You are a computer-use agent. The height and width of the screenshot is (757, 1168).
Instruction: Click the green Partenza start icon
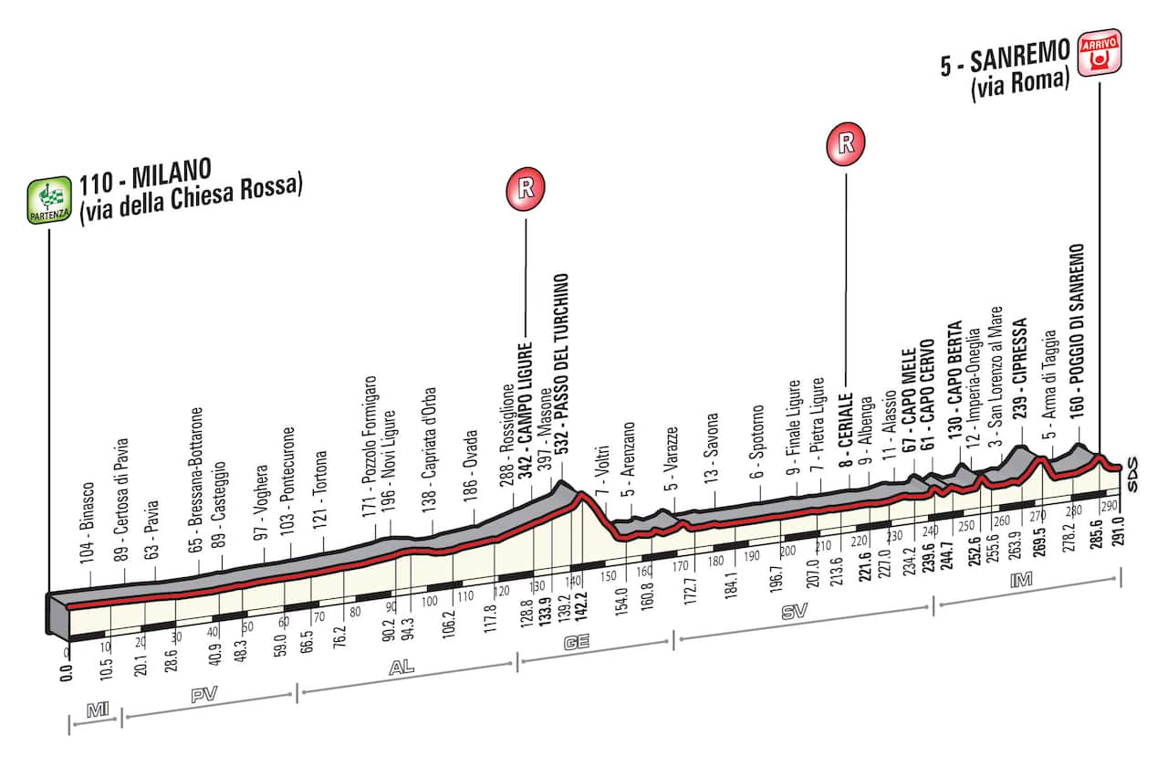coord(51,202)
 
